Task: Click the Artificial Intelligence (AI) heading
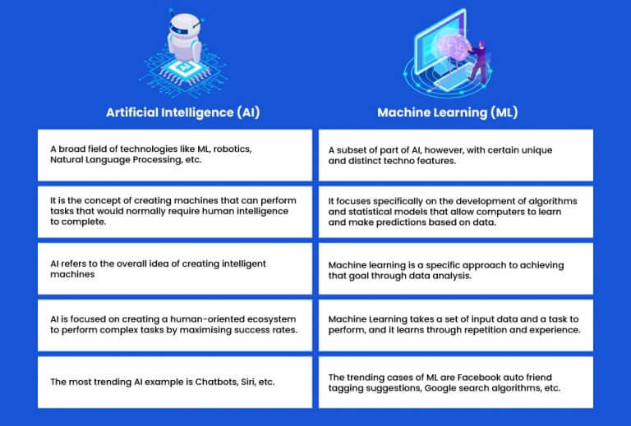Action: tap(183, 112)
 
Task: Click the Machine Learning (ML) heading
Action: tap(448, 112)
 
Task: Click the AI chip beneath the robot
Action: tap(184, 67)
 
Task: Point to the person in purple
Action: tap(478, 60)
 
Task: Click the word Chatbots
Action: tap(216, 382)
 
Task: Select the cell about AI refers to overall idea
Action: tap(175, 269)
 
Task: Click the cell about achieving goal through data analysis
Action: tap(455, 269)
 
